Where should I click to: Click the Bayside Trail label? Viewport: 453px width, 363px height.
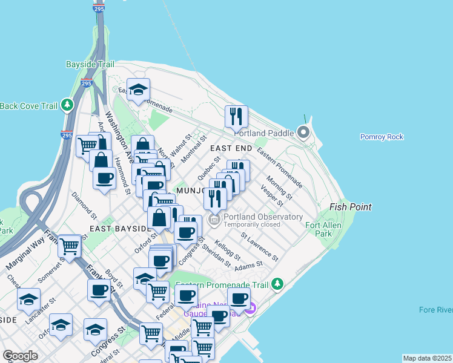(89, 64)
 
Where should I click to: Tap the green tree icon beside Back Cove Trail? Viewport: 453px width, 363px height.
(68, 106)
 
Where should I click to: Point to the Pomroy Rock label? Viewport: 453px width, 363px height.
(382, 137)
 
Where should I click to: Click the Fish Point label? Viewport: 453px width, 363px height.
(350, 207)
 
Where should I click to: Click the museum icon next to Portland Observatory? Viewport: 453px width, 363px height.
(214, 219)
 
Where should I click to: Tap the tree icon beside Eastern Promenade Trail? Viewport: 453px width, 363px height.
(277, 283)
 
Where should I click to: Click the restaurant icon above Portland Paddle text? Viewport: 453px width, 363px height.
(236, 116)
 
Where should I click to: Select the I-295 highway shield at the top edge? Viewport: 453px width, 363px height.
(99, 9)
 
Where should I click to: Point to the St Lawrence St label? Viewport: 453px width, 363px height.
(259, 247)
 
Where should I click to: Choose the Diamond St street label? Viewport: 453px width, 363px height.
(84, 206)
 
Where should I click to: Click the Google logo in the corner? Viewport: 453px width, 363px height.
(20, 356)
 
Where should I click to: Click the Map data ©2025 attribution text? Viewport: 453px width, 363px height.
(427, 358)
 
